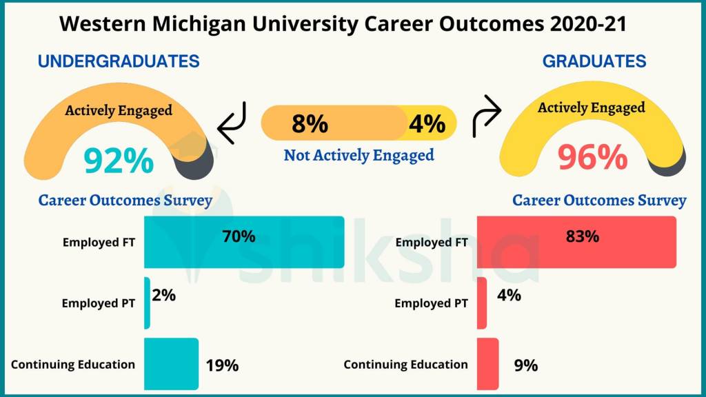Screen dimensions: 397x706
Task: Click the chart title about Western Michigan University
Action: pyautogui.click(x=343, y=23)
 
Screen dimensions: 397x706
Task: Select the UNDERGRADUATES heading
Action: pyautogui.click(x=119, y=61)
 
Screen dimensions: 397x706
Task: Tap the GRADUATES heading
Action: pyautogui.click(x=594, y=61)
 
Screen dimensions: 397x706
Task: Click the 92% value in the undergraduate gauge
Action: pyautogui.click(x=119, y=161)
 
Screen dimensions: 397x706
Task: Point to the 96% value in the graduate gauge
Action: pyautogui.click(x=592, y=158)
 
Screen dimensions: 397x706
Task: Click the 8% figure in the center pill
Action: pyautogui.click(x=310, y=124)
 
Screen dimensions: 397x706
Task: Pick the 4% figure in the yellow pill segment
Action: pyautogui.click(x=427, y=124)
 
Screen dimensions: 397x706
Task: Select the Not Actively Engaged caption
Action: pyautogui.click(x=359, y=155)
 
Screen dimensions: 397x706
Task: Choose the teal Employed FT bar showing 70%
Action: pyautogui.click(x=244, y=242)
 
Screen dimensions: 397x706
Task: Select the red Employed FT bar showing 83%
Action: pyautogui.click(x=576, y=242)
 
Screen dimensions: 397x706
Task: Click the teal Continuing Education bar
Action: pyautogui.click(x=171, y=364)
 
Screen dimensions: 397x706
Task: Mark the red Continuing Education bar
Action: pyautogui.click(x=487, y=364)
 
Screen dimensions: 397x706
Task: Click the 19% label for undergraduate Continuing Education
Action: pyautogui.click(x=222, y=365)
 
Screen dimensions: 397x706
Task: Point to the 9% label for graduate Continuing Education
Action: pyautogui.click(x=525, y=365)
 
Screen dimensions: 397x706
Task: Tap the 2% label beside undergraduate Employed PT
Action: pyautogui.click(x=164, y=296)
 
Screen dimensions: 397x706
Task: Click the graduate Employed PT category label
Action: pyautogui.click(x=431, y=303)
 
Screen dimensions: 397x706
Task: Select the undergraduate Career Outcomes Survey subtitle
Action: pyautogui.click(x=125, y=201)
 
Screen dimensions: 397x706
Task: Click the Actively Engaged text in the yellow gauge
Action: pyautogui.click(x=592, y=108)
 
